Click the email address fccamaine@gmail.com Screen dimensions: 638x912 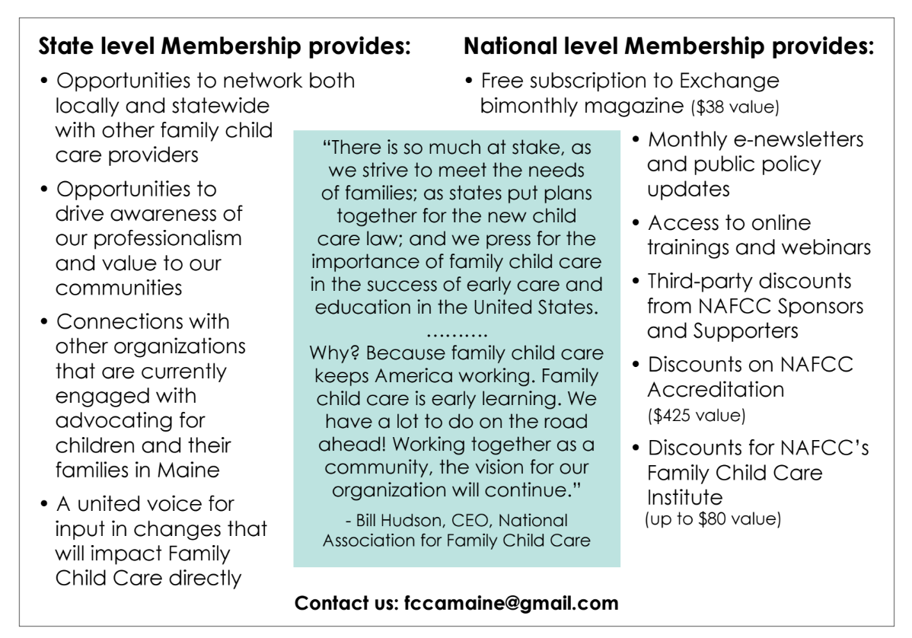pyautogui.click(x=509, y=604)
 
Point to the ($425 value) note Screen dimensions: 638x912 pyautogui.click(x=696, y=416)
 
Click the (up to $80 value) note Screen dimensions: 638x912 pyautogui.click(x=713, y=520)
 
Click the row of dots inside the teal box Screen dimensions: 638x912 pyautogui.click(x=456, y=333)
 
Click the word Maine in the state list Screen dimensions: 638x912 pyautogui.click(x=188, y=470)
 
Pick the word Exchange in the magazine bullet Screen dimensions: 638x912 pyautogui.click(x=729, y=81)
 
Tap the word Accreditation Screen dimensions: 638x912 pyautogui.click(x=716, y=389)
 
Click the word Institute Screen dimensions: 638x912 pyautogui.click(x=685, y=498)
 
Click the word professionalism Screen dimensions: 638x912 pyautogui.click(x=148, y=238)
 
